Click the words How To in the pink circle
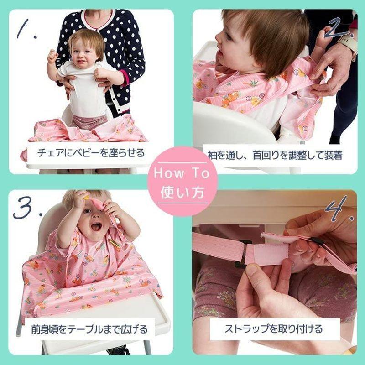click(x=182, y=173)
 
